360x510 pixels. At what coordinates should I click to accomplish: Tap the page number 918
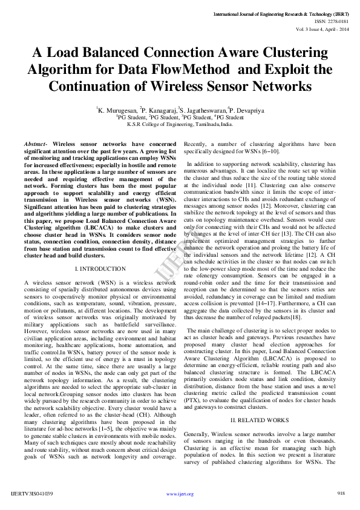[341, 494]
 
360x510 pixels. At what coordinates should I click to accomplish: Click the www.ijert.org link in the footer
[180, 494]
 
